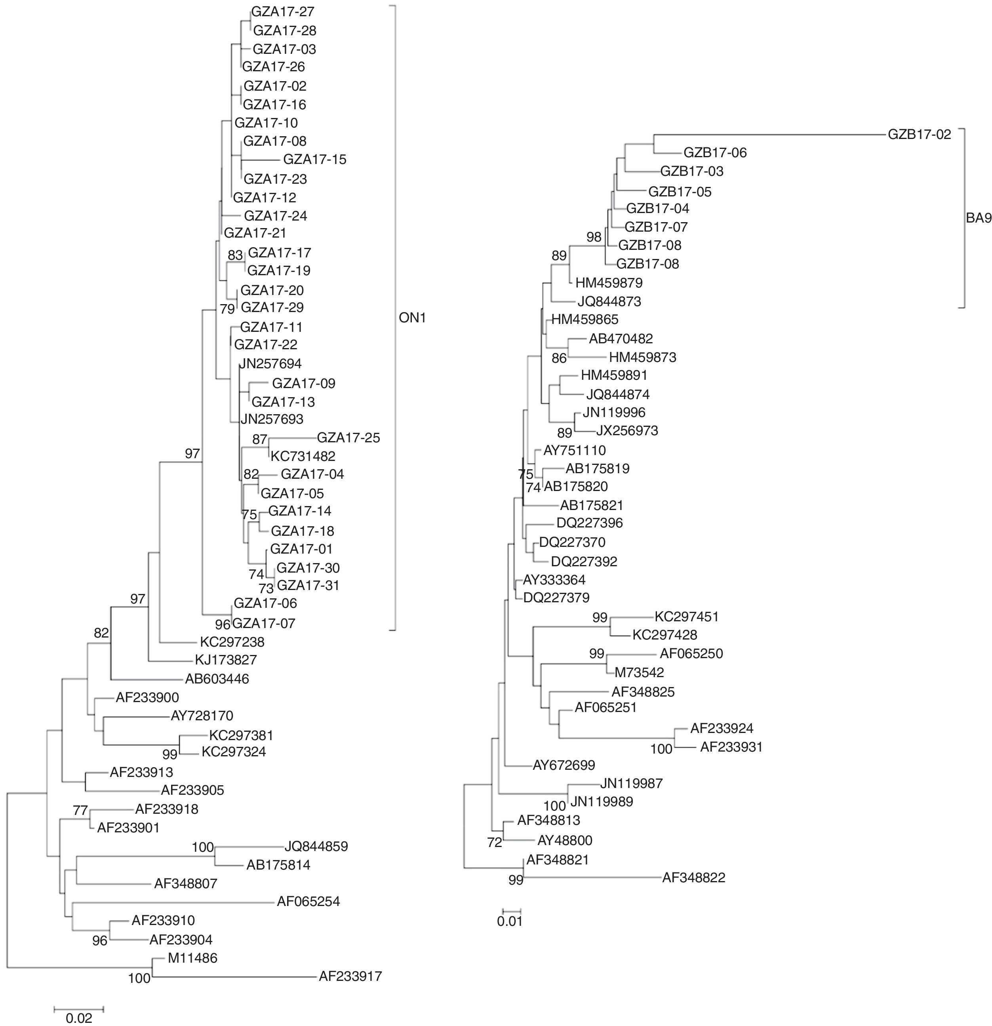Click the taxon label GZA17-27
[283, 11]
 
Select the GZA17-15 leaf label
[314, 159]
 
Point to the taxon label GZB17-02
[919, 134]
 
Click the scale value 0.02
[78, 1018]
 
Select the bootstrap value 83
[236, 255]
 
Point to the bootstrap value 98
[594, 237]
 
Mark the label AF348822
[694, 878]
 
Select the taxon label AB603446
[217, 679]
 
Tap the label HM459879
[609, 283]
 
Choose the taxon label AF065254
[308, 901]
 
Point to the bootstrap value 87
[260, 439]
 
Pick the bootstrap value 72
[494, 842]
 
